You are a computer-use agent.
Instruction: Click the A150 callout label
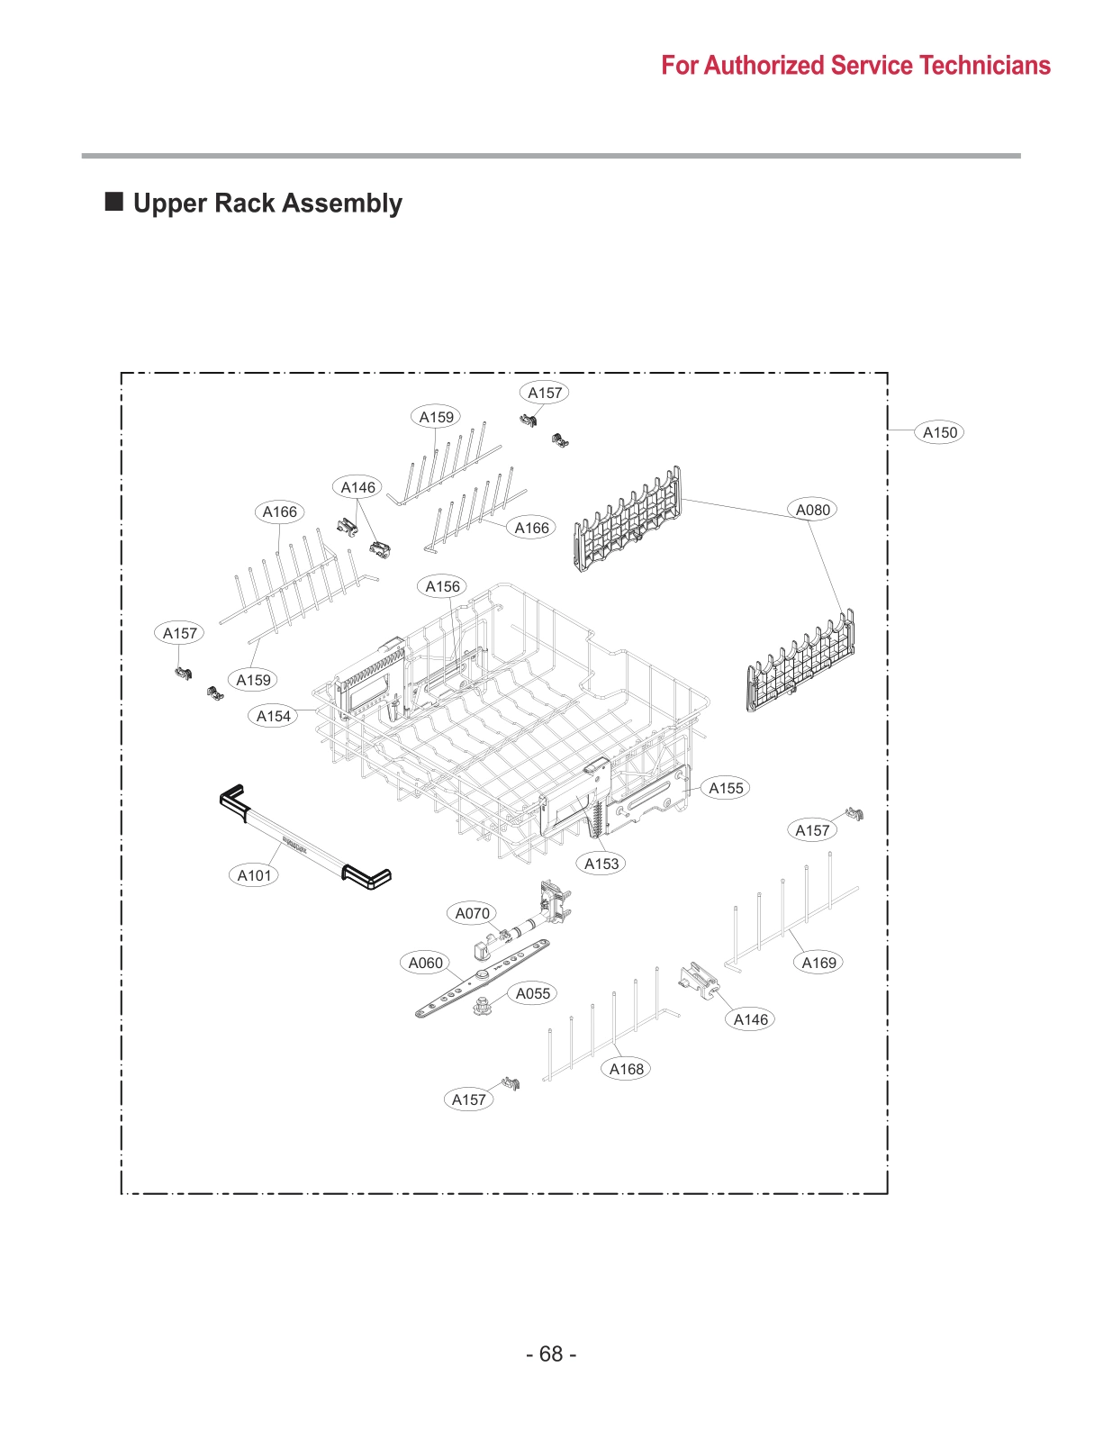pyautogui.click(x=939, y=432)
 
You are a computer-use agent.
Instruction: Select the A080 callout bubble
pyautogui.click(x=812, y=510)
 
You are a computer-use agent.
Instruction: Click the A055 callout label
pyautogui.click(x=532, y=993)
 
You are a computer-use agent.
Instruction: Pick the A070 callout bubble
pyautogui.click(x=472, y=913)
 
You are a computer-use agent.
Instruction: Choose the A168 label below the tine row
pyautogui.click(x=626, y=1069)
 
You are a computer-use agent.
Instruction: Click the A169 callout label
pyautogui.click(x=818, y=963)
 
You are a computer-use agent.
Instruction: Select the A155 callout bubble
pyautogui.click(x=726, y=788)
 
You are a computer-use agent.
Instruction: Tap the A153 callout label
pyautogui.click(x=601, y=864)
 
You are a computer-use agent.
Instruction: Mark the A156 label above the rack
pyautogui.click(x=442, y=586)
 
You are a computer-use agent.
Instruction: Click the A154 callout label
pyautogui.click(x=274, y=716)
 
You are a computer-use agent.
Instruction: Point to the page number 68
pyautogui.click(x=551, y=1354)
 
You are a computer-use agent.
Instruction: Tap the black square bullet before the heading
pyautogui.click(x=114, y=201)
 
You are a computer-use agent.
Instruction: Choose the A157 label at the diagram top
pyautogui.click(x=545, y=393)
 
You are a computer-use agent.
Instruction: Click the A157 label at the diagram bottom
pyautogui.click(x=468, y=1100)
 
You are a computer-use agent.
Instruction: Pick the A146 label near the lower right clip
pyautogui.click(x=750, y=1019)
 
